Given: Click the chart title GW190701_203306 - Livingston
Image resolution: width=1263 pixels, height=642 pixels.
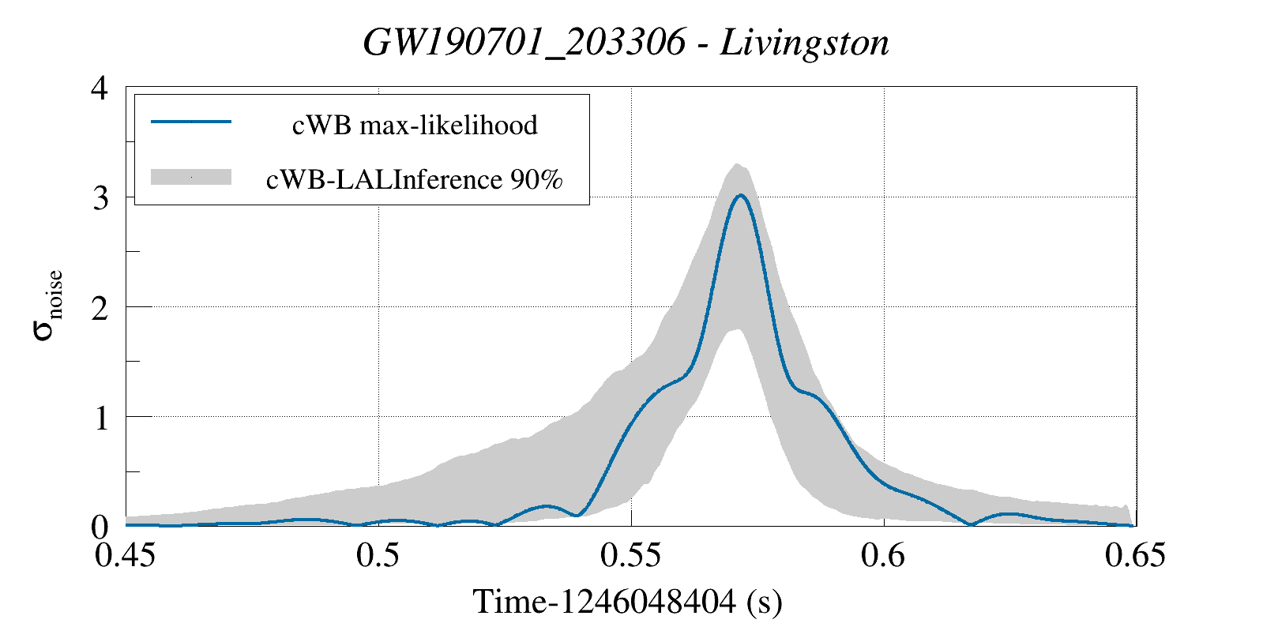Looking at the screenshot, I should click(x=626, y=43).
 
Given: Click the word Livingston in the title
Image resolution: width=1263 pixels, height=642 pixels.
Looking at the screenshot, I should click(x=804, y=43).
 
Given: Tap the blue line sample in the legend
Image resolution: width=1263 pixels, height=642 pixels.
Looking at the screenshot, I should click(x=191, y=122).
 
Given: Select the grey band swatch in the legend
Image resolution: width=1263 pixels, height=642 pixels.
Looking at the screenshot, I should click(x=191, y=177).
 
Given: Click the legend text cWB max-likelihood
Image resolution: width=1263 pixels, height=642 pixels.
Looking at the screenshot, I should click(x=415, y=125).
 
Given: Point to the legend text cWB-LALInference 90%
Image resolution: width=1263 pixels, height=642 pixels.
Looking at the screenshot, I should click(x=415, y=180).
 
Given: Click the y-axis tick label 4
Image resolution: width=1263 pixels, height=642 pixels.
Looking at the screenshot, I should click(x=100, y=88).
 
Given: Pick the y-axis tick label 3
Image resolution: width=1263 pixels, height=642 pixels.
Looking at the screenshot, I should click(x=100, y=197).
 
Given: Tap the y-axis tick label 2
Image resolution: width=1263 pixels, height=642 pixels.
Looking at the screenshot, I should click(x=100, y=308).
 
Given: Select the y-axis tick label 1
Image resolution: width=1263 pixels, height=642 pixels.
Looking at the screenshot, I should click(x=100, y=418).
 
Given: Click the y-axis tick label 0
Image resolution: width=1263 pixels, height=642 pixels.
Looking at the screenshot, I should click(x=100, y=527).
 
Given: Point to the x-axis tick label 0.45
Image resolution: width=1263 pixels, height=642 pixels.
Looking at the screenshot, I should click(x=125, y=556).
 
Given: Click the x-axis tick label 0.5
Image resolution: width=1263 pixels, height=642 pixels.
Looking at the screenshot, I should click(x=378, y=556).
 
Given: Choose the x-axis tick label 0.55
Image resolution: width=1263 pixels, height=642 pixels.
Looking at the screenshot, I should click(x=630, y=556).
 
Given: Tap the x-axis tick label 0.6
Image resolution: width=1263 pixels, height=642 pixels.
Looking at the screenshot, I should click(x=883, y=556).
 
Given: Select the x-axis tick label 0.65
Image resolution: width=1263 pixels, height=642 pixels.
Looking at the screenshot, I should click(x=1135, y=556).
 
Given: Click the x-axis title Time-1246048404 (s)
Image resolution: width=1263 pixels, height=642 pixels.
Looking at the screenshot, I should click(x=627, y=602).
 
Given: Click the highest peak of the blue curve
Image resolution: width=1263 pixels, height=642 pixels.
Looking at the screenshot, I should click(x=740, y=195).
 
